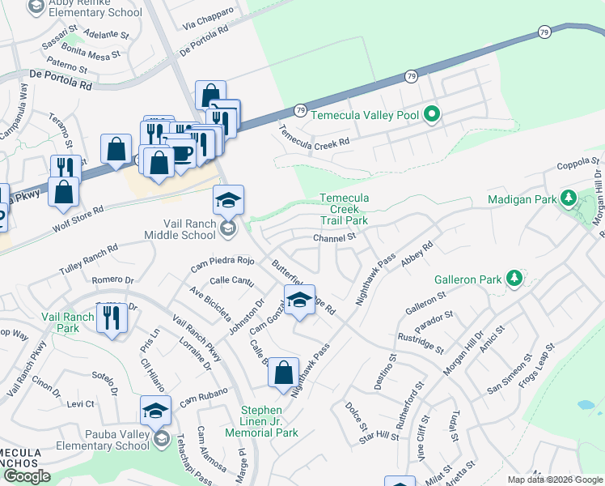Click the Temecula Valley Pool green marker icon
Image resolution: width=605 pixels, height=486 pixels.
(432, 115)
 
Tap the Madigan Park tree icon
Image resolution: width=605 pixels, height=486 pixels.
(569, 198)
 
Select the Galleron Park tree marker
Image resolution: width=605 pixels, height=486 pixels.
(514, 279)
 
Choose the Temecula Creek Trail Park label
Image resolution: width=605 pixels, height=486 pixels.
(344, 209)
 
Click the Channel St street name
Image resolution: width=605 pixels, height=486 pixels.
(335, 237)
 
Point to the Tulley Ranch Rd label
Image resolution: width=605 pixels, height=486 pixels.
(89, 259)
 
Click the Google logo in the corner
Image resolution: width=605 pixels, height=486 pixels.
(27, 476)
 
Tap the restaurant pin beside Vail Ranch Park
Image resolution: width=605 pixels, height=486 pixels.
(112, 317)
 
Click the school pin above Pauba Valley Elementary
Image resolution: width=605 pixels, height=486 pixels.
(154, 411)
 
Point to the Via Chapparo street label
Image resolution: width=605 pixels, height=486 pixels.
(209, 19)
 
